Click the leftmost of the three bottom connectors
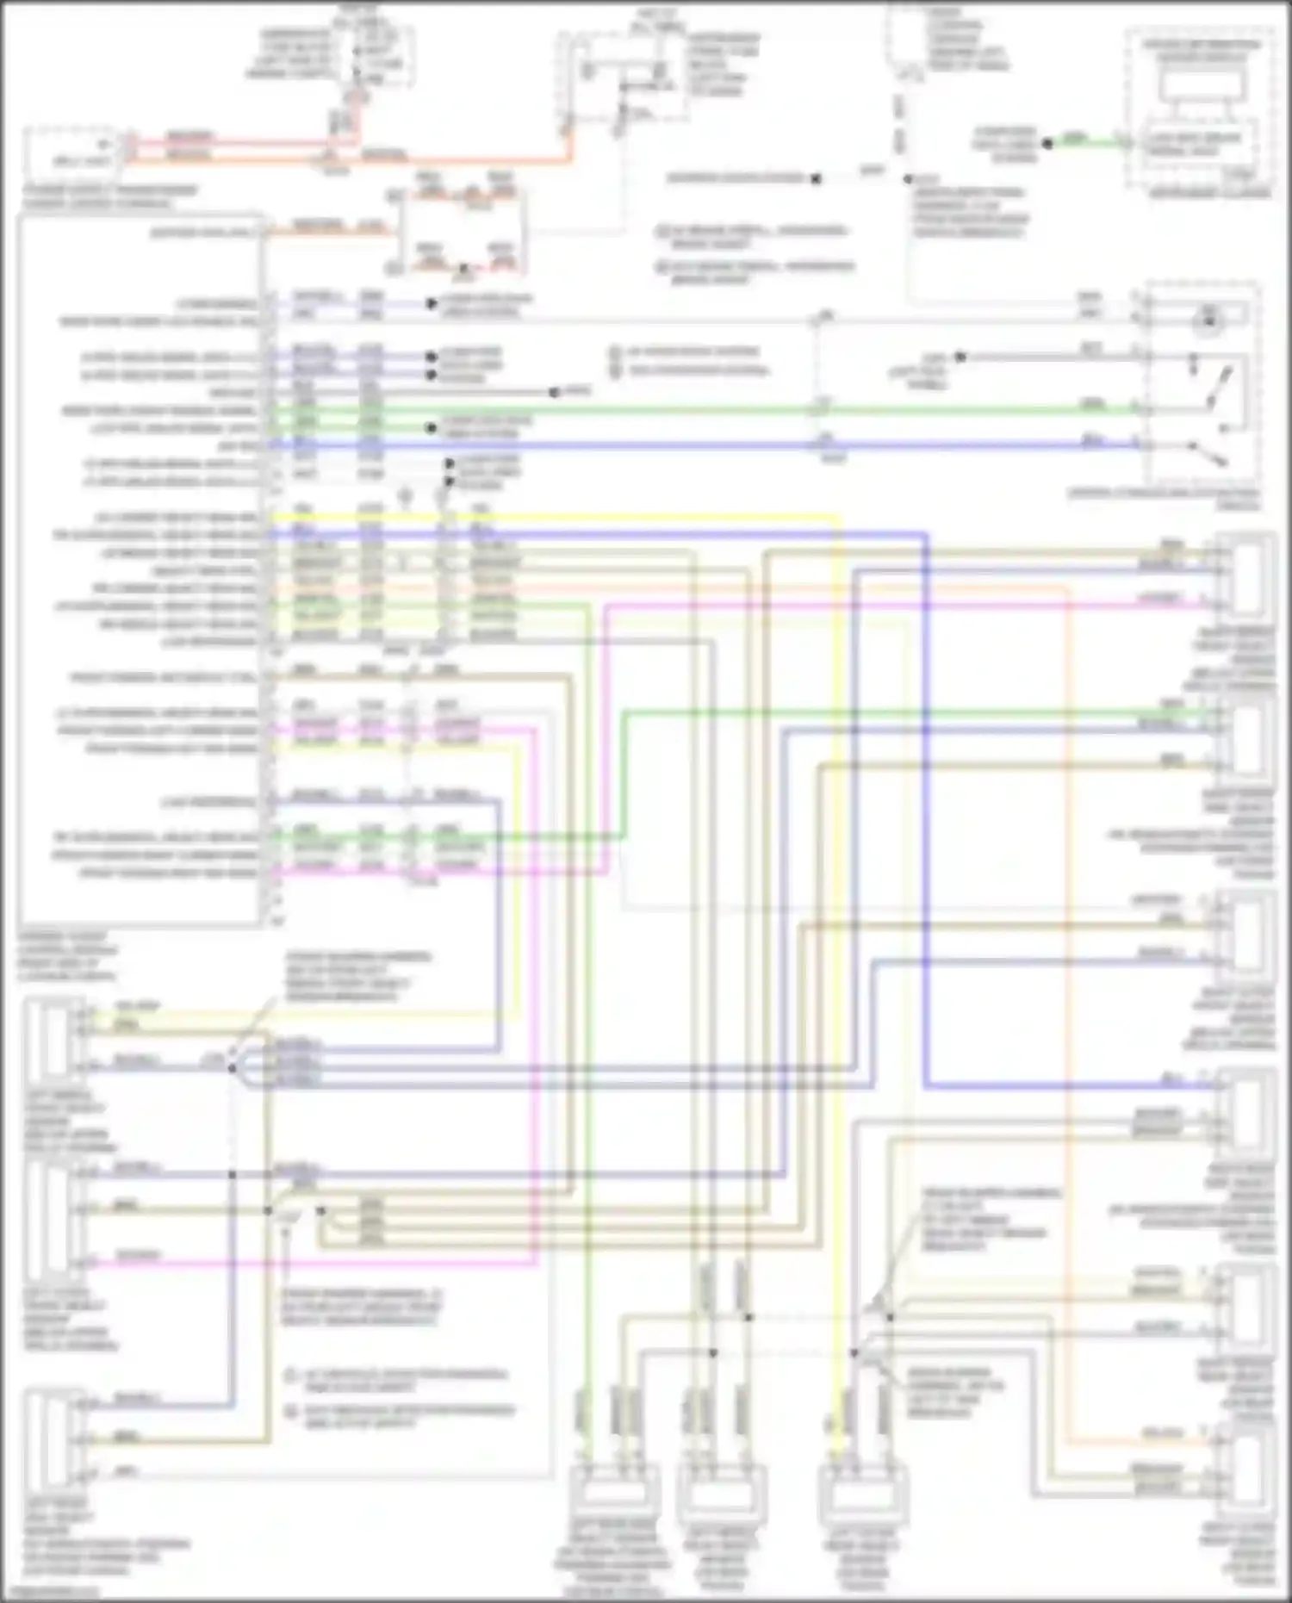[615, 1494]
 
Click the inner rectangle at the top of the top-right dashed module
[1201, 84]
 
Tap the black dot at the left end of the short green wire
[1048, 143]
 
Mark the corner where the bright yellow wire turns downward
[836, 518]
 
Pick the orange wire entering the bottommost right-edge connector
[1163, 1441]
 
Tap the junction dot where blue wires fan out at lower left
[232, 1067]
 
